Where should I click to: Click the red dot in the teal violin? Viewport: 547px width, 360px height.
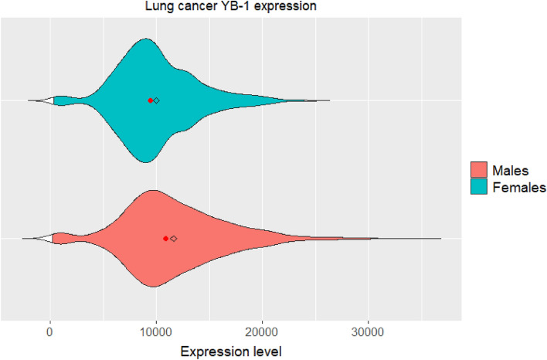coord(151,100)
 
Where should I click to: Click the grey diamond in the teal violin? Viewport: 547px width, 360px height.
coord(157,100)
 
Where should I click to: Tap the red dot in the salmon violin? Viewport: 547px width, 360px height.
coord(166,239)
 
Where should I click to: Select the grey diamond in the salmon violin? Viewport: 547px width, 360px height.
coord(174,239)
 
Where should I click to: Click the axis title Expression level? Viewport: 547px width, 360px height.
coord(232,352)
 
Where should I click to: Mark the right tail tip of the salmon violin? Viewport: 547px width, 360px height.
coord(440,239)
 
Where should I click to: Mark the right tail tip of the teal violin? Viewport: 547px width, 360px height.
coord(329,100)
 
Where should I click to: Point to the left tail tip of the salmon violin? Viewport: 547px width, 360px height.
coord(22,239)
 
